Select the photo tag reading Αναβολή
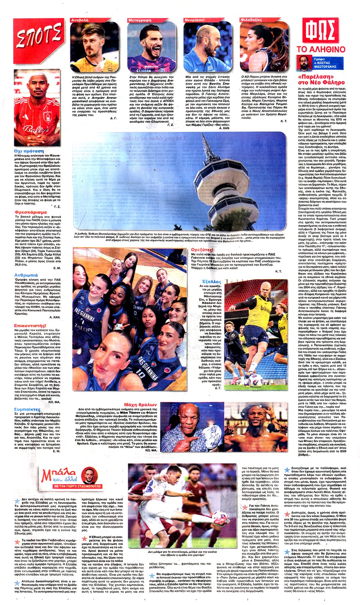pyautogui.click(x=80, y=20)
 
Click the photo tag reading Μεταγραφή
pyautogui.click(x=139, y=20)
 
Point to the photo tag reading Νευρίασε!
pyautogui.click(x=194, y=20)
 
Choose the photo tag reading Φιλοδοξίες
pyautogui.click(x=251, y=20)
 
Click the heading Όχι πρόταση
pyautogui.click(x=28, y=151)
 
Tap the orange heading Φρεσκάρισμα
pyautogui.click(x=31, y=212)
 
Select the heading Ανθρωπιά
pyautogui.click(x=26, y=275)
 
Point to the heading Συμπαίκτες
pyautogui.click(x=27, y=409)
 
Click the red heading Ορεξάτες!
pyautogui.click(x=202, y=250)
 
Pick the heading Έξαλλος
pyautogui.click(x=211, y=282)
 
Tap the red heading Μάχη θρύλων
pyautogui.click(x=141, y=404)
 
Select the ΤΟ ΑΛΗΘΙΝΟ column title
pyautogui.click(x=321, y=49)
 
